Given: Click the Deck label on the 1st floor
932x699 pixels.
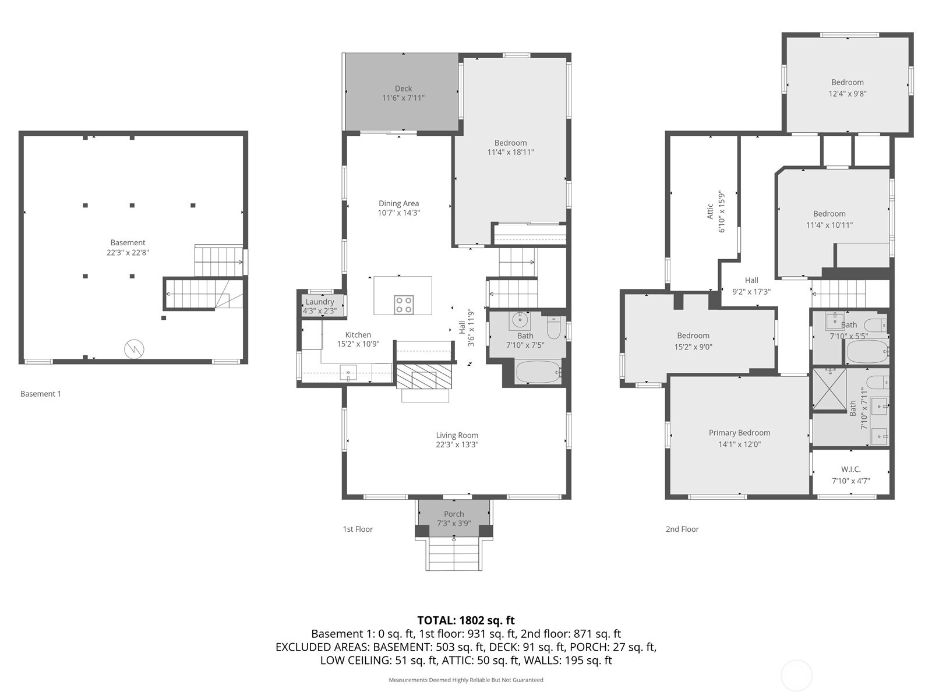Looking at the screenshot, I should pos(403,89).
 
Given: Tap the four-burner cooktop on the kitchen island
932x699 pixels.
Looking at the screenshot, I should pos(404,304).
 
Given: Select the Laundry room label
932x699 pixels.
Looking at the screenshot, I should pos(320,302).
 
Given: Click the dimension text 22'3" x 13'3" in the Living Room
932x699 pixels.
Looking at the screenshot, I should pos(457,445).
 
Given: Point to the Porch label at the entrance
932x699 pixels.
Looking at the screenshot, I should pos(454,514).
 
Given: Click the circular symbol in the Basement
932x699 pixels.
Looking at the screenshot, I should pos(134,349).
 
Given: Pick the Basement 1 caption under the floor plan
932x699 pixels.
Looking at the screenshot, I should pos(41,394).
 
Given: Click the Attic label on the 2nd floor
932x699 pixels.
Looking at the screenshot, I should pos(710,211).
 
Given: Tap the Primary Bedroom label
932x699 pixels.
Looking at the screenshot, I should pos(739,433).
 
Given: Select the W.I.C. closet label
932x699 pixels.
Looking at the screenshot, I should pos(850,469).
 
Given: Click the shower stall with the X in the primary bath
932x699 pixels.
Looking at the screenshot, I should pos(829,389).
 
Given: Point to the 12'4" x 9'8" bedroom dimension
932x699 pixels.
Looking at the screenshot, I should pos(848,93).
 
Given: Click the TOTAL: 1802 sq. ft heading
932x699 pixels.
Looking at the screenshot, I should pos(466,620).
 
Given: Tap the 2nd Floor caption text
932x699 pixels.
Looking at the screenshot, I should pos(682,529).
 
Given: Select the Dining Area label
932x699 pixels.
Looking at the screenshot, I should pos(398,203).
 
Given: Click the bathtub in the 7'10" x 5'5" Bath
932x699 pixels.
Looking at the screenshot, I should pos(867,352).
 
